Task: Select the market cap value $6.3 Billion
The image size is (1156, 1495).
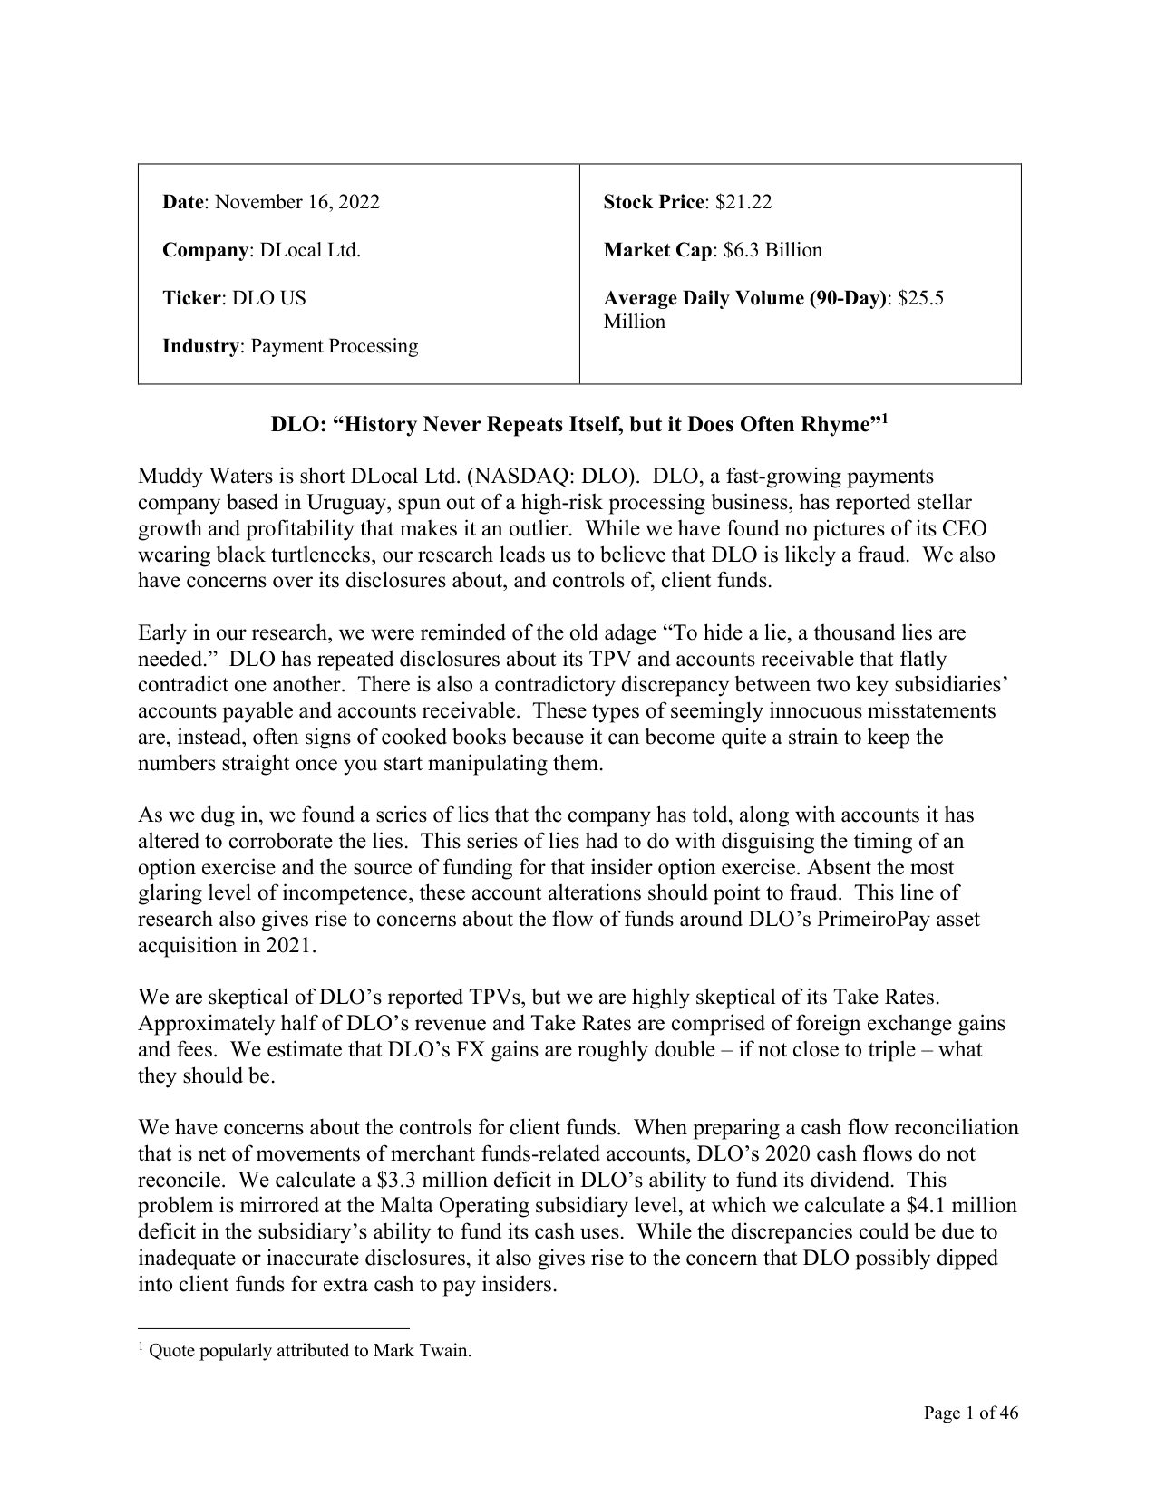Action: click(773, 250)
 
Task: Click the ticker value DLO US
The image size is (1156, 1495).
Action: click(269, 298)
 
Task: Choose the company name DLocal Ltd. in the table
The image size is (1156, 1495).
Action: click(310, 250)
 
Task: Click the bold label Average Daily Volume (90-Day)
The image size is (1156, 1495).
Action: click(744, 298)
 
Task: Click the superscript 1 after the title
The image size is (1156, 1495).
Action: click(885, 419)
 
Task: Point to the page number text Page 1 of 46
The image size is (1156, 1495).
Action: click(971, 1413)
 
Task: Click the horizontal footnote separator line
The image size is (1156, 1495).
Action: click(274, 1326)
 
